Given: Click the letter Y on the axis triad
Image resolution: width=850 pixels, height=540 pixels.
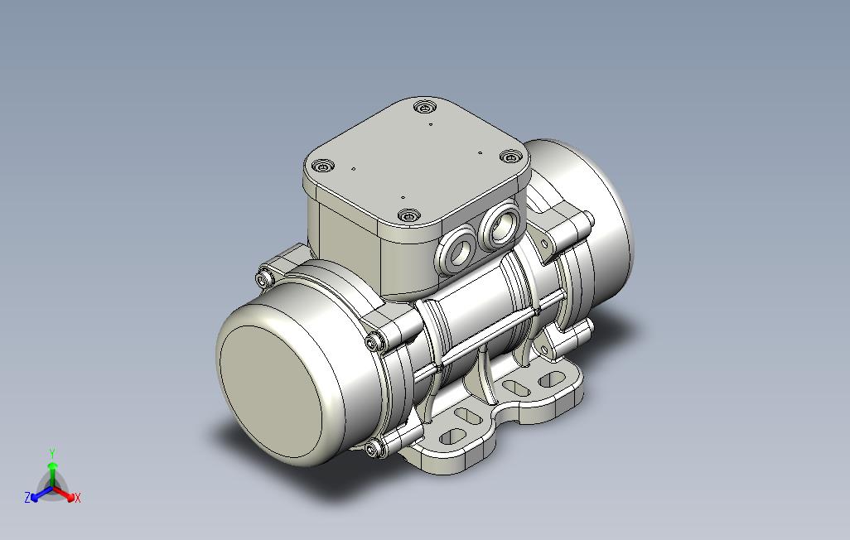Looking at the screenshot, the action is pyautogui.click(x=52, y=453).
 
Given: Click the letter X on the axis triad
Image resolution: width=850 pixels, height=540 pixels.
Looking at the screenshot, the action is pyautogui.click(x=78, y=497).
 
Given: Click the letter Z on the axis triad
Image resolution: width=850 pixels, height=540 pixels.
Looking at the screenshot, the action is pyautogui.click(x=27, y=497).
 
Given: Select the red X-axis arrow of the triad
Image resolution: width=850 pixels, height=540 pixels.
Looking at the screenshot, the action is pyautogui.click(x=64, y=494).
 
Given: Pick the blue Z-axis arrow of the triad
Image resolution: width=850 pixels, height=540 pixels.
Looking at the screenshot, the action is pyautogui.click(x=41, y=494).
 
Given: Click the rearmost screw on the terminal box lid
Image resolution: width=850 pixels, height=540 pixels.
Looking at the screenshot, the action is pyautogui.click(x=424, y=107).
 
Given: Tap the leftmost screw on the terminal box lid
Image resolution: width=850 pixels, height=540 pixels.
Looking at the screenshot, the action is pyautogui.click(x=324, y=166).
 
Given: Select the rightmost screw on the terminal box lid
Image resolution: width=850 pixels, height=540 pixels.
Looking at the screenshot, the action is pyautogui.click(x=510, y=157).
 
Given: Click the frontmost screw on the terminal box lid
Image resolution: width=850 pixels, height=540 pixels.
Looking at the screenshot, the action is pyautogui.click(x=408, y=216).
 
